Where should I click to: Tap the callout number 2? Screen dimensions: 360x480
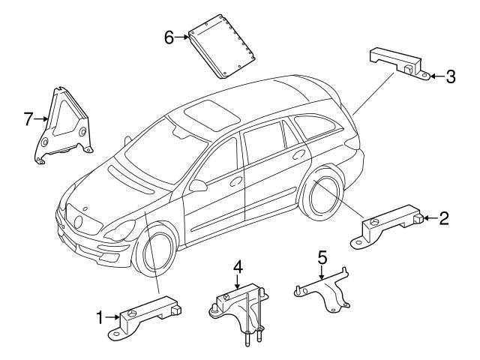click(x=444, y=218)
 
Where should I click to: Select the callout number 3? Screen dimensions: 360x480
click(x=451, y=75)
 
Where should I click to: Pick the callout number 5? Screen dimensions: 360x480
click(x=322, y=257)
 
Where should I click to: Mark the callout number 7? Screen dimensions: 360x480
click(x=29, y=118)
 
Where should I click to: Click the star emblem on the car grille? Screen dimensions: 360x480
click(x=79, y=221)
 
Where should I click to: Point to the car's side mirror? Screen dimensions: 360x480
click(x=198, y=184)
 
